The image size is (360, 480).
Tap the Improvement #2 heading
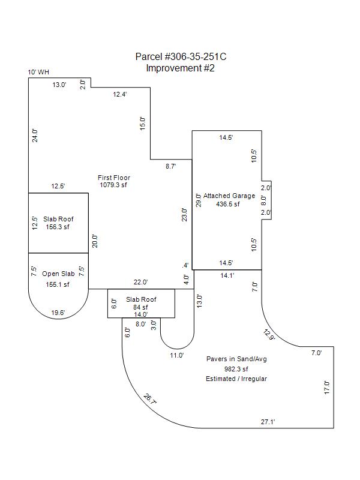[x=180, y=68]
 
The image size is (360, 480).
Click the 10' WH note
[x=38, y=72]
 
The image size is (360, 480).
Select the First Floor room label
[x=114, y=178]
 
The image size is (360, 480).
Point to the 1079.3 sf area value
[x=113, y=185]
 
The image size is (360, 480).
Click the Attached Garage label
[x=229, y=196]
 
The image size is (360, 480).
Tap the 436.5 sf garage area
[x=228, y=204]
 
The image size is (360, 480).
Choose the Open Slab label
[x=58, y=274]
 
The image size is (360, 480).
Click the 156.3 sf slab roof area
[x=58, y=227]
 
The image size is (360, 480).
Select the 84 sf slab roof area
[x=141, y=307]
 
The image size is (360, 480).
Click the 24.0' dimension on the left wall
[x=35, y=135]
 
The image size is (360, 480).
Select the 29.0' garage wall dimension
[x=199, y=200]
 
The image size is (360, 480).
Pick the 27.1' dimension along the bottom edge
[x=268, y=422]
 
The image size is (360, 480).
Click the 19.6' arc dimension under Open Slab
[x=58, y=313]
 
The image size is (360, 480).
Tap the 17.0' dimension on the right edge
[x=327, y=387]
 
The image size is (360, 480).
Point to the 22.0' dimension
[x=140, y=282]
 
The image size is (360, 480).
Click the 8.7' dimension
[x=170, y=166]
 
